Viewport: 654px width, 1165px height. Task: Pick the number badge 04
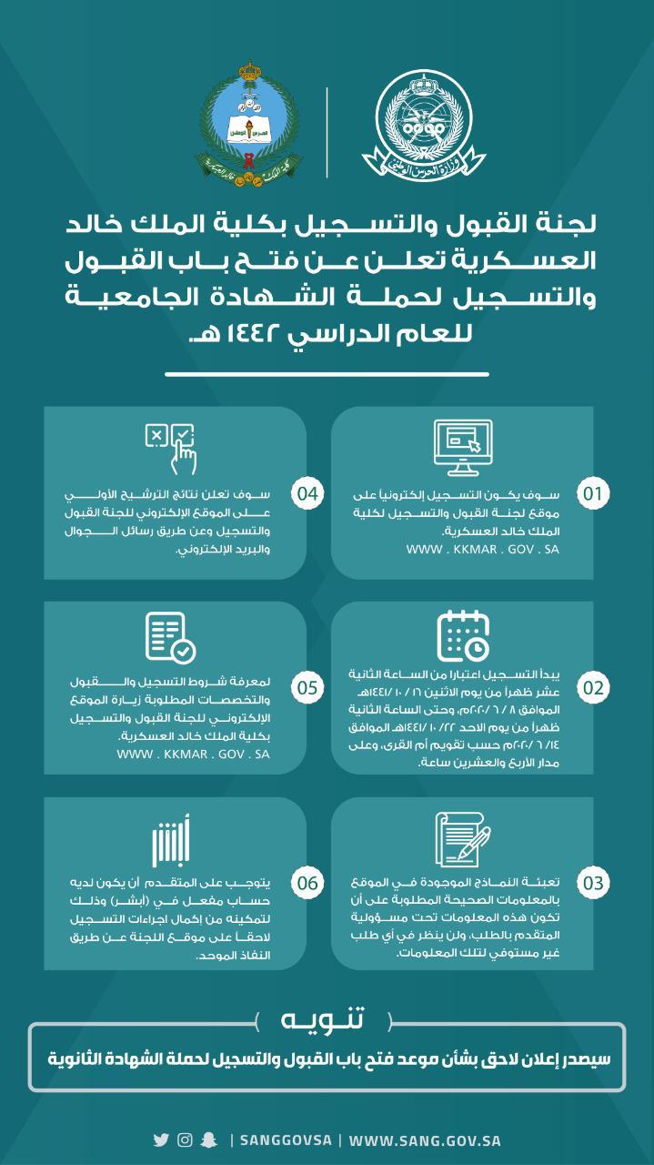click(307, 494)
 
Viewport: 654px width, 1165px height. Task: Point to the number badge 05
click(307, 688)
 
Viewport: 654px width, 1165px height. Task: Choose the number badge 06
click(307, 883)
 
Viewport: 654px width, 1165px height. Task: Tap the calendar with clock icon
click(463, 635)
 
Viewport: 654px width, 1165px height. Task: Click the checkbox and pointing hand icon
click(171, 446)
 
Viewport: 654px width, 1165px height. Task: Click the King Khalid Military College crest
click(244, 122)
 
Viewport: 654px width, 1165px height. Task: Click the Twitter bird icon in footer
click(161, 1140)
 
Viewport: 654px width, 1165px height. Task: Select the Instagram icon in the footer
click(185, 1140)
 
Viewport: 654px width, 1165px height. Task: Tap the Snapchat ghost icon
click(209, 1140)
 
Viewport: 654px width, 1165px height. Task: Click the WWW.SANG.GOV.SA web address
click(425, 1140)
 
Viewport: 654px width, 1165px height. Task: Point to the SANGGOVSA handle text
click(285, 1140)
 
